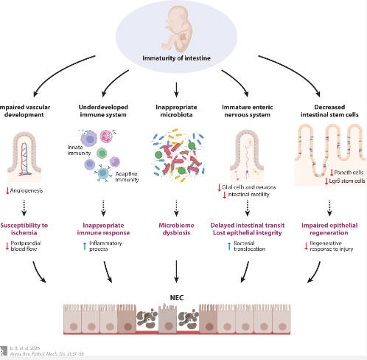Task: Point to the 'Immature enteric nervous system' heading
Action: coord(251,111)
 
